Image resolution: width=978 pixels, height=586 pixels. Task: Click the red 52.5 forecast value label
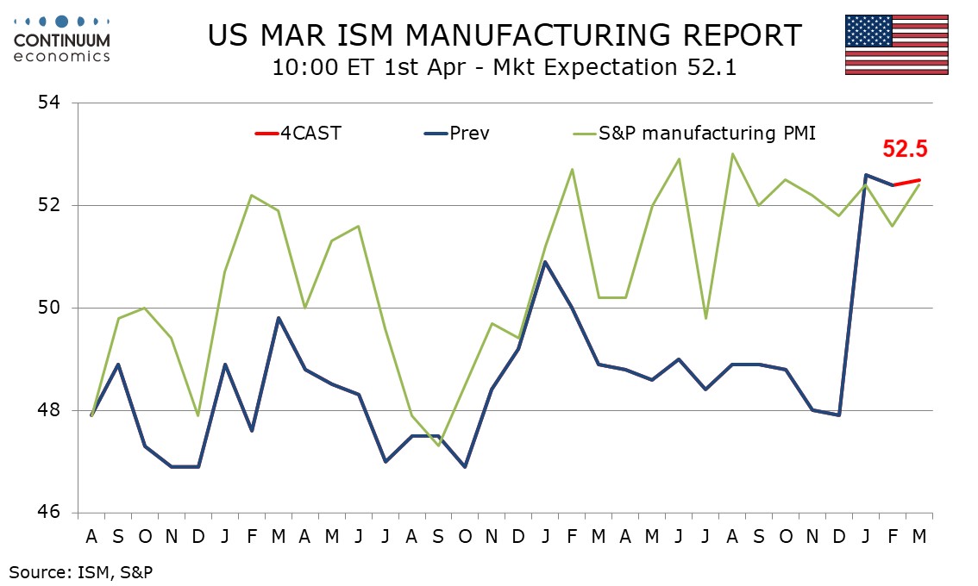(x=905, y=149)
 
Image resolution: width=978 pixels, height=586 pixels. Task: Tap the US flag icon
(x=896, y=44)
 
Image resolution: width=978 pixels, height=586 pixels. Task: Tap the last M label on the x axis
(x=919, y=536)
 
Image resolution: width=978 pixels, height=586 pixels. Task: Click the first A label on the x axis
(x=91, y=536)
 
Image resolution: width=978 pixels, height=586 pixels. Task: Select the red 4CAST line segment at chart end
(x=906, y=182)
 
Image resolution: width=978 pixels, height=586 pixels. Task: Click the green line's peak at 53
(x=732, y=154)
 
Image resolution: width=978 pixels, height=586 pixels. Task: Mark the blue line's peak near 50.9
(x=545, y=262)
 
